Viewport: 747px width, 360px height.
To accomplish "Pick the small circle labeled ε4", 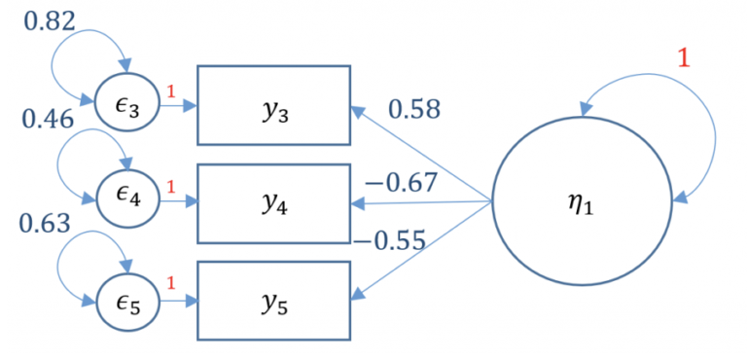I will (126, 200).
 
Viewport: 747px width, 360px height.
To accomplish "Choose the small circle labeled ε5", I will (126, 299).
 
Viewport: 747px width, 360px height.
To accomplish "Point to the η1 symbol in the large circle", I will (580, 204).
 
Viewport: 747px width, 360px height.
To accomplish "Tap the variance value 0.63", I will (45, 223).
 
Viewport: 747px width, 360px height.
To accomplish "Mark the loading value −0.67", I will (401, 182).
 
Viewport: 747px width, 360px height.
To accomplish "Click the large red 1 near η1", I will (683, 58).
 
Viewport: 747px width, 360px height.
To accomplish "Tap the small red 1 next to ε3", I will (170, 93).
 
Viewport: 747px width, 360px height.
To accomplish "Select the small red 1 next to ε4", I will (170, 187).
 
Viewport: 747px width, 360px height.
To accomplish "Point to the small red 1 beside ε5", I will (170, 285).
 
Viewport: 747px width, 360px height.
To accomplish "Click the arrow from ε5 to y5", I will (177, 300).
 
